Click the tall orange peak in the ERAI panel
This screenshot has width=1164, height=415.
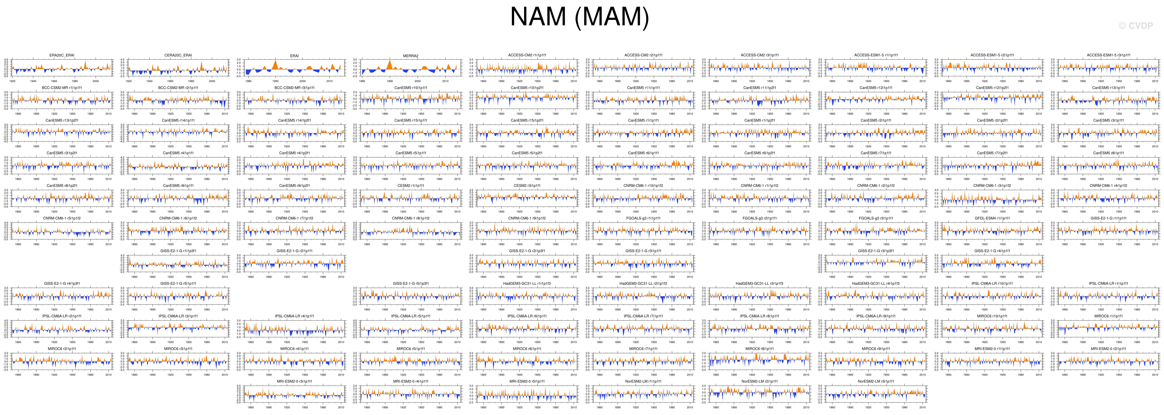pos(275,62)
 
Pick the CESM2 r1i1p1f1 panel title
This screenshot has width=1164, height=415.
pos(411,186)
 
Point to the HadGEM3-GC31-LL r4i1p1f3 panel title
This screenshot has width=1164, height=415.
pos(876,284)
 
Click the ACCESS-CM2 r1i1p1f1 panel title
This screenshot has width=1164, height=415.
pos(527,55)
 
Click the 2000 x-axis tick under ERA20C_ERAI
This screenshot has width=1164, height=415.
pos(95,81)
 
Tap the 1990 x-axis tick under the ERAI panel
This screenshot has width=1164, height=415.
pos(275,81)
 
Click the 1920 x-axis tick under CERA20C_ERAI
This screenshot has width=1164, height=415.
pos(129,81)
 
